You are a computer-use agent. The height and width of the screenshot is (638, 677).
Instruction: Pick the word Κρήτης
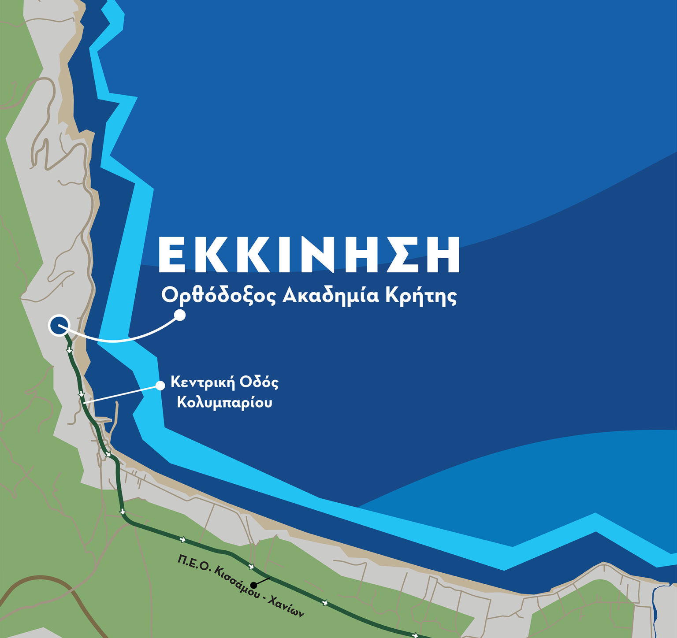(x=421, y=296)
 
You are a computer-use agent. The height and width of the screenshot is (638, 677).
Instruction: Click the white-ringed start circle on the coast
(x=58, y=326)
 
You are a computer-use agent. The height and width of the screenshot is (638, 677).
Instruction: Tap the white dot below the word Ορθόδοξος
(x=180, y=315)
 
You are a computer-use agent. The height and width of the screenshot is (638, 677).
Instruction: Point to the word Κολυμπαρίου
(x=224, y=403)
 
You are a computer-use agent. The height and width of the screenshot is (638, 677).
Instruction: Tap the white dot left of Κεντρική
(x=160, y=386)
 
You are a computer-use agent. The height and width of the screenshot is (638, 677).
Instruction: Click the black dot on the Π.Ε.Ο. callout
(x=253, y=585)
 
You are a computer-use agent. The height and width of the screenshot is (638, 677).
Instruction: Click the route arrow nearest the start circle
(x=69, y=350)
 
